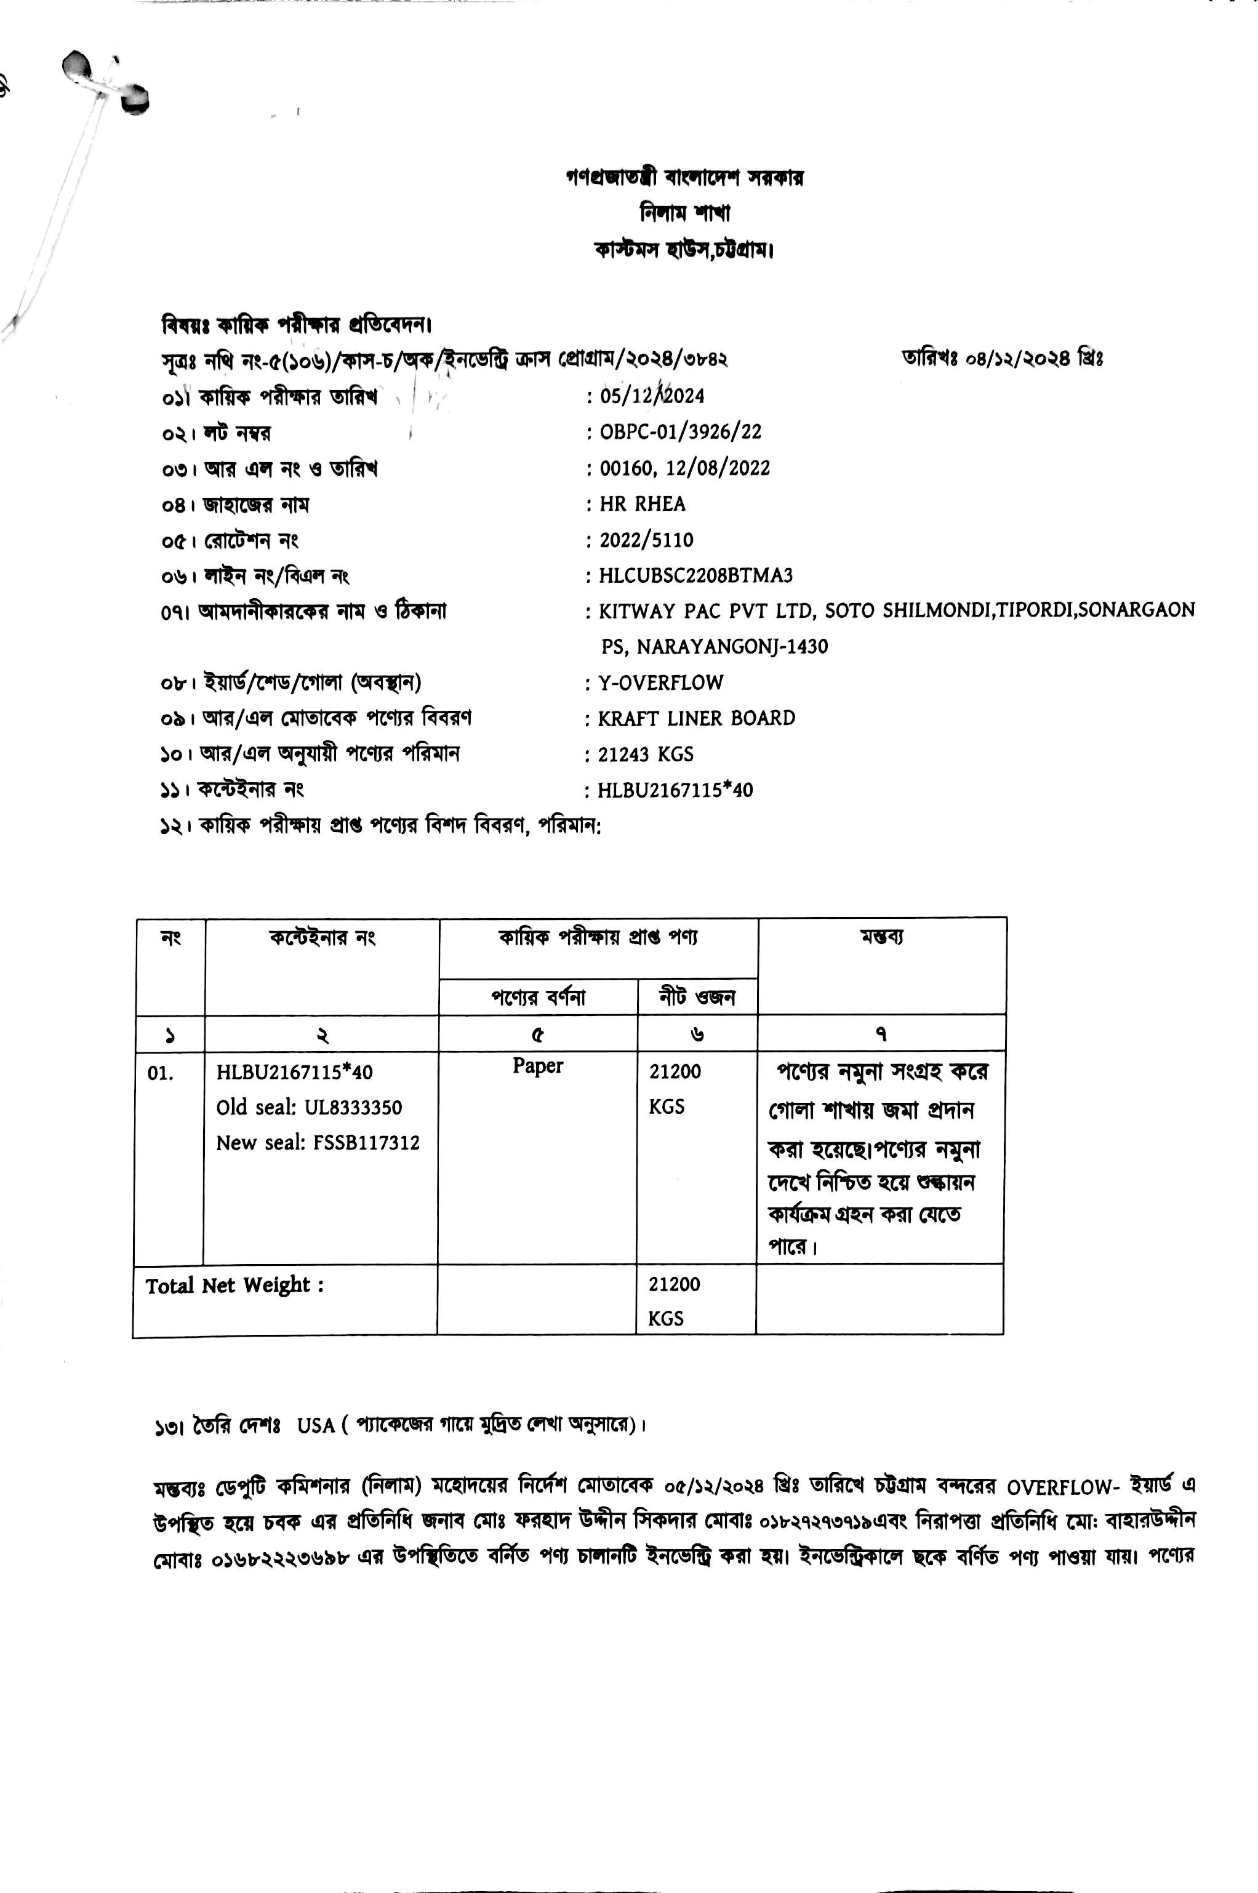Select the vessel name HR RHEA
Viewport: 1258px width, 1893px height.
click(x=643, y=504)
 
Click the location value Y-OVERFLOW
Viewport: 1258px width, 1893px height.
click(x=660, y=682)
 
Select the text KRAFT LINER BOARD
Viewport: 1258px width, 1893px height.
click(x=697, y=718)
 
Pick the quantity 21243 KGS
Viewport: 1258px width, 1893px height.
click(x=646, y=754)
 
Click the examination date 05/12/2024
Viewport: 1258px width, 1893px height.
click(x=652, y=396)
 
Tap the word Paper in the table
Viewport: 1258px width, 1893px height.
click(x=537, y=1066)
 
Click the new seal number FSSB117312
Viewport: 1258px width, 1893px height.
click(x=367, y=1143)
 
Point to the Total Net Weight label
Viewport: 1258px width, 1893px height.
click(x=234, y=1286)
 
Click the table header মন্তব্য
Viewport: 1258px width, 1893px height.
click(x=882, y=936)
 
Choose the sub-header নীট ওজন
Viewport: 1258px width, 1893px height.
click(x=697, y=997)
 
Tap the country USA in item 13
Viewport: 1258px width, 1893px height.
click(x=315, y=1425)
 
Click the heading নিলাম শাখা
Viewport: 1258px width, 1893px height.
click(x=684, y=214)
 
